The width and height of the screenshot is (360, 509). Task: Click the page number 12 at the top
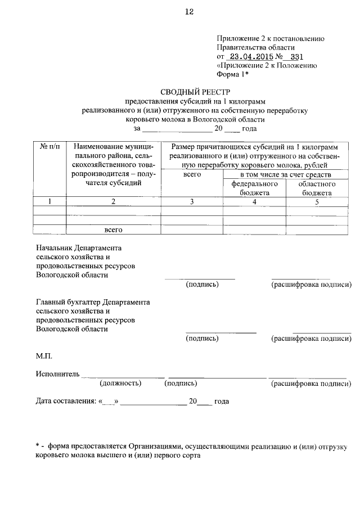click(x=188, y=13)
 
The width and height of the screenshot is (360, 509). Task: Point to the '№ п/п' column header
click(x=49, y=146)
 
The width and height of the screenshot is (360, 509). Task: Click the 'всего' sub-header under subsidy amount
click(x=192, y=174)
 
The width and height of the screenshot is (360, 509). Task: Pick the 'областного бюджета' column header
click(x=317, y=188)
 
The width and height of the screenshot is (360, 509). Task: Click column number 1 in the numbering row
click(x=49, y=202)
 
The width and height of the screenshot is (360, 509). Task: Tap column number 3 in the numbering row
click(x=192, y=202)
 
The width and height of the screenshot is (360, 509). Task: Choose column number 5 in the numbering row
click(x=317, y=202)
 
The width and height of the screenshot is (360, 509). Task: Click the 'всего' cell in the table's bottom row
click(x=113, y=229)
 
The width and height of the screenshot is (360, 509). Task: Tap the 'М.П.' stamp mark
click(x=44, y=356)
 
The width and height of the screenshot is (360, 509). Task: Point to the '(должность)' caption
click(x=120, y=384)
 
